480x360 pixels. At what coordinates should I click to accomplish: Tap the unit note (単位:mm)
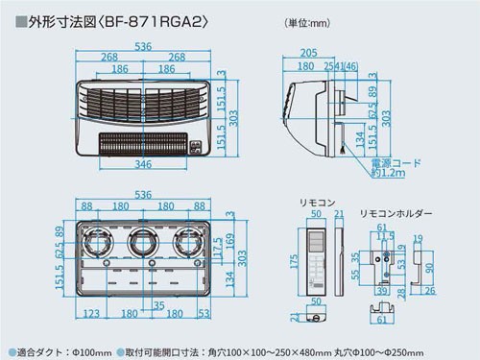click(310, 21)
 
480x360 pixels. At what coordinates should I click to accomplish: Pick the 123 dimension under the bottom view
click(93, 313)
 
